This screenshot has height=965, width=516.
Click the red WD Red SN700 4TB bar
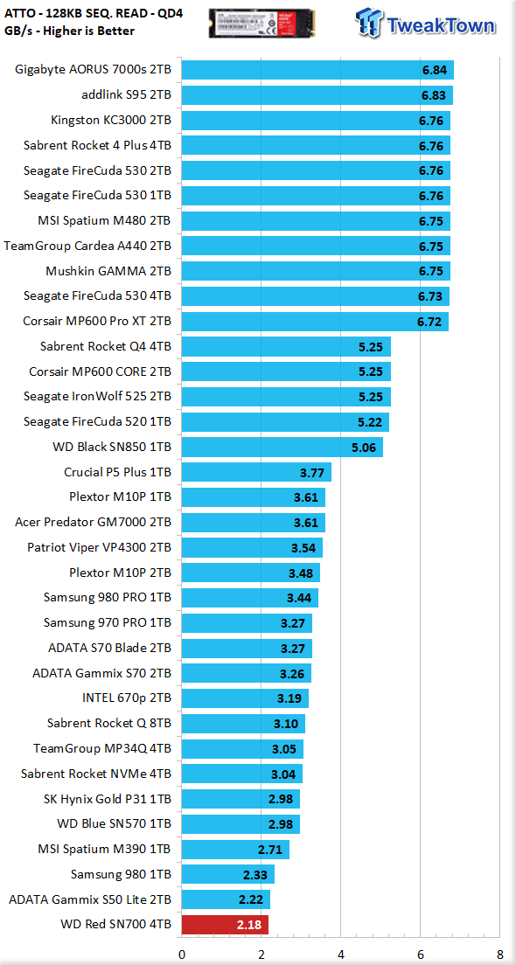(x=225, y=925)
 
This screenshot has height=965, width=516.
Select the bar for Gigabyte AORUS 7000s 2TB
(x=317, y=70)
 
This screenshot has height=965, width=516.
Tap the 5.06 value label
(x=363, y=448)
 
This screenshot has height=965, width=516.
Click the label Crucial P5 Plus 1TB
(x=117, y=473)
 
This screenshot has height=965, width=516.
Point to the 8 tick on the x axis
(x=499, y=954)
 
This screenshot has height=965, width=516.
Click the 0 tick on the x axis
(x=182, y=954)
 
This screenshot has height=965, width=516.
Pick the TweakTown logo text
(x=440, y=26)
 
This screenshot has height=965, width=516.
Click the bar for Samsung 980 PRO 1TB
(x=249, y=598)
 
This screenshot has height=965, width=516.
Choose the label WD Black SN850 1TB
(x=113, y=448)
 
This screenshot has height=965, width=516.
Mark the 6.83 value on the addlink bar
(x=434, y=95)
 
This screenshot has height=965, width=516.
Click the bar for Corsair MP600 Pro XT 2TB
(x=315, y=322)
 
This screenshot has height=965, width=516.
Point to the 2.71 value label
(x=271, y=850)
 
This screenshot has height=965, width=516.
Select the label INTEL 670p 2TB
(x=127, y=698)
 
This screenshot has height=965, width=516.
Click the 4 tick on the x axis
(x=340, y=954)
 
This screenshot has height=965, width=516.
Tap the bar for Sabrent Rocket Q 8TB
(x=243, y=723)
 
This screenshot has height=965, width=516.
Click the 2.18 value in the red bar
(x=250, y=925)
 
